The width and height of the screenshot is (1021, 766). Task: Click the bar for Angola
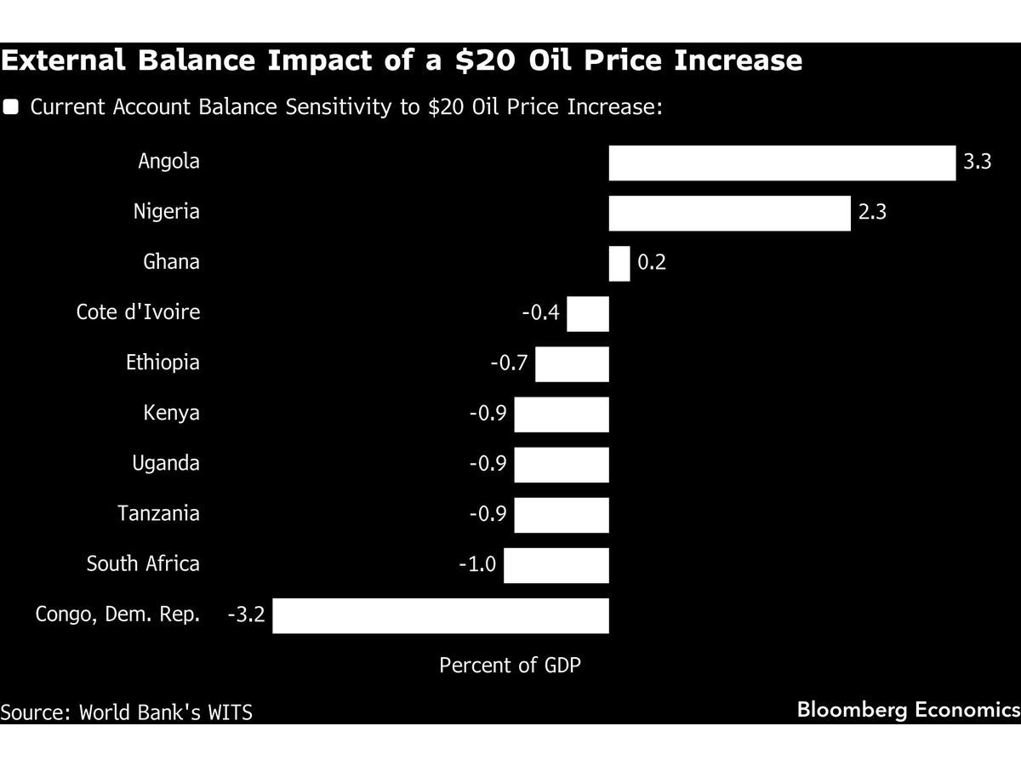(782, 163)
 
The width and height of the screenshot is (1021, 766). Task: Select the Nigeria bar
(729, 213)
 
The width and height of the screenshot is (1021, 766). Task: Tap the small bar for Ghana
(619, 263)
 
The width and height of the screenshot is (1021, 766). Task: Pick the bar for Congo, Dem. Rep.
(440, 615)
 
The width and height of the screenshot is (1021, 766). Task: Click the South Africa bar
(556, 565)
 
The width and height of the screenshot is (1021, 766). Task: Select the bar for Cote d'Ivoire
(588, 313)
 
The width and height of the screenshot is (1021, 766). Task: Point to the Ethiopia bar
(572, 363)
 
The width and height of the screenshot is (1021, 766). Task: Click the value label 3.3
(978, 162)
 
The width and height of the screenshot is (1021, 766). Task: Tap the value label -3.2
(246, 615)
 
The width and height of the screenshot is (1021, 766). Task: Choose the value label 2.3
(872, 213)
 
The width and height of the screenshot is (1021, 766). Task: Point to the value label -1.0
(477, 564)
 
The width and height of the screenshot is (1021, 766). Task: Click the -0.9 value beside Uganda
(488, 464)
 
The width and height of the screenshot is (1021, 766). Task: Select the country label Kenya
(171, 414)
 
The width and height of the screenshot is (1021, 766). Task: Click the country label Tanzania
(158, 514)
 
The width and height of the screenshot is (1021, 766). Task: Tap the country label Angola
(168, 162)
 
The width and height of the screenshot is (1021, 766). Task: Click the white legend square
(11, 107)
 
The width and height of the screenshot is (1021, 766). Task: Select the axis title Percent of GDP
(510, 666)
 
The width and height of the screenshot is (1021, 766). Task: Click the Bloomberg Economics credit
(907, 710)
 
